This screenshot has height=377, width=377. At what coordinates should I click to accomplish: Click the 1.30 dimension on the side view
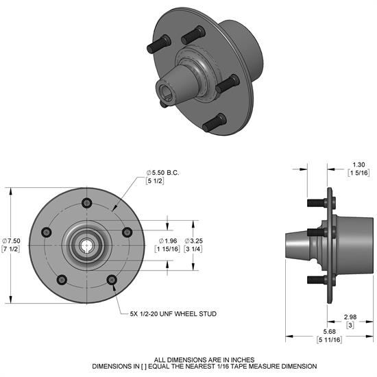coord(358,165)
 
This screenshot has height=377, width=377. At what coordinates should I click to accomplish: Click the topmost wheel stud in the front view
coord(86,204)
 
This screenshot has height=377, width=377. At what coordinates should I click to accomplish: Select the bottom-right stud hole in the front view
coord(111,279)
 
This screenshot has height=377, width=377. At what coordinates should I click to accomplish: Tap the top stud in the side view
coord(315,203)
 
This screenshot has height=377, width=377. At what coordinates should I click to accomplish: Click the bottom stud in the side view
coord(315,280)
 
